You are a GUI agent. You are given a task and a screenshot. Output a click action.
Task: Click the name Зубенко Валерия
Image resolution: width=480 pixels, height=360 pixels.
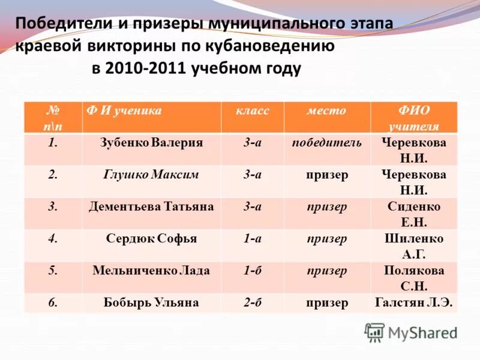pos(151,143)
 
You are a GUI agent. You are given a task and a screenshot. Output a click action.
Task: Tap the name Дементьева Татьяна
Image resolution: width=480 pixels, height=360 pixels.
pos(151,206)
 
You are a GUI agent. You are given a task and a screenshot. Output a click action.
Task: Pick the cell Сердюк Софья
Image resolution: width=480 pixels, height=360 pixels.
pos(151,239)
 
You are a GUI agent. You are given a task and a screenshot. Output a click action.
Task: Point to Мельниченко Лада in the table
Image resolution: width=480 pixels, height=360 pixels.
pos(151,271)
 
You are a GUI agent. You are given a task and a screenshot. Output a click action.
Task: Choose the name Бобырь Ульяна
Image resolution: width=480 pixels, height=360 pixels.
pos(151,302)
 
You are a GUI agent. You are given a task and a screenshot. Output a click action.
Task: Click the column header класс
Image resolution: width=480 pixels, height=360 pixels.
pos(252,111)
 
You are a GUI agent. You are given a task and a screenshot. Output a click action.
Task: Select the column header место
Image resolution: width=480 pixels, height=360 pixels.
pos(326,111)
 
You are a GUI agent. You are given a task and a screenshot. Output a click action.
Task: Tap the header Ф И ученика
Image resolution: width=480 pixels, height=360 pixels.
pos(124,111)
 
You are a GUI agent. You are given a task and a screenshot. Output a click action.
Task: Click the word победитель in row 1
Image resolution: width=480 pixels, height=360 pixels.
pos(326,143)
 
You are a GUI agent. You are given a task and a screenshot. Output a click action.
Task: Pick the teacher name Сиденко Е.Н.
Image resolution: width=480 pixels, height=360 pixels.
pos(413,214)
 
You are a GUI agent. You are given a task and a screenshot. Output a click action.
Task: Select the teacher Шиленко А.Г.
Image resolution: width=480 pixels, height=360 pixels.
pos(413,246)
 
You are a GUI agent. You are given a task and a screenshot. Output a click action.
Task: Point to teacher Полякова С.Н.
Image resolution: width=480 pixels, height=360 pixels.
pos(413,278)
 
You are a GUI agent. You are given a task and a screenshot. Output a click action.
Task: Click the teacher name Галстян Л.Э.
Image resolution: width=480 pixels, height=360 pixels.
pos(413,302)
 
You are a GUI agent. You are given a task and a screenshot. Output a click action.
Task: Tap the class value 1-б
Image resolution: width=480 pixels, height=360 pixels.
pos(252,271)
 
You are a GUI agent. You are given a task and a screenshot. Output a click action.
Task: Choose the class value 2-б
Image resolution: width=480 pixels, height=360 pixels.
pos(252,302)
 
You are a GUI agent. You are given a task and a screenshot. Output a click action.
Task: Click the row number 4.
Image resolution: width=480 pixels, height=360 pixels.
pos(53,239)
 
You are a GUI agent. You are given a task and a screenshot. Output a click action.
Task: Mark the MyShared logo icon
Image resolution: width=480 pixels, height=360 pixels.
pos(374,332)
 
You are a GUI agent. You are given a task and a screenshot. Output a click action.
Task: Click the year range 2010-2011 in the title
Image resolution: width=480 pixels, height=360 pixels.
pos(146,68)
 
